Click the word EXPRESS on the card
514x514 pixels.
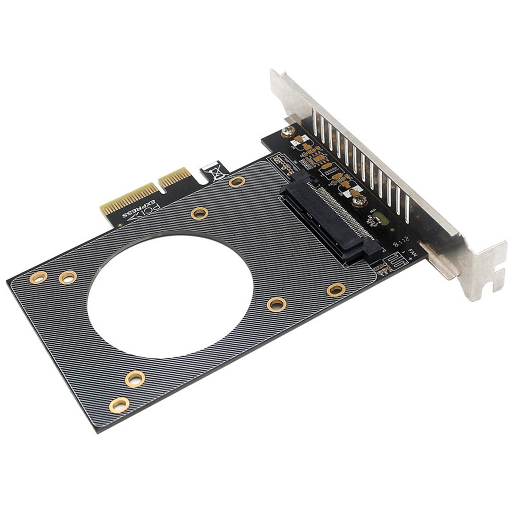coord(142,210)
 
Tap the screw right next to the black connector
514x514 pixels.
coord(359,202)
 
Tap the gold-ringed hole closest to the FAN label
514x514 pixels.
coord(336,289)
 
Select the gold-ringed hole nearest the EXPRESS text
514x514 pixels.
coord(199,213)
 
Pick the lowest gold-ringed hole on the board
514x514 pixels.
coord(119,405)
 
